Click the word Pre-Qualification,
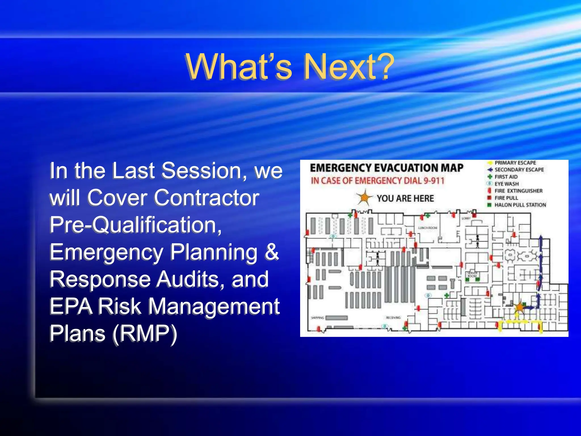point(136,225)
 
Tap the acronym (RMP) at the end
point(145,333)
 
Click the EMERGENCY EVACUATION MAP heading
point(386,168)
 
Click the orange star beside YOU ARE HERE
point(364,198)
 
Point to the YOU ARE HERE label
point(405,198)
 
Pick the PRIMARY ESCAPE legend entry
point(515,163)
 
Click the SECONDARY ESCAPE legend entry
point(519,170)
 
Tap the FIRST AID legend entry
point(506,177)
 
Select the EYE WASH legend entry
point(506,184)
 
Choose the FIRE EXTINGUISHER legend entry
point(518,191)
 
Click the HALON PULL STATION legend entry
point(520,205)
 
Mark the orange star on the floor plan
point(519,307)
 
